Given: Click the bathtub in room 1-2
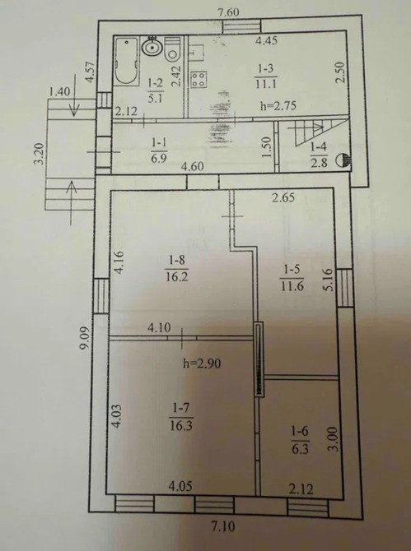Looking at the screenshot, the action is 126,61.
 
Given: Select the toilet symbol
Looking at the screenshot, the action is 173,49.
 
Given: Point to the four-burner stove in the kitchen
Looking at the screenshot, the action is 198,79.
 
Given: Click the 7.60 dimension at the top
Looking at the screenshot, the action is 228,13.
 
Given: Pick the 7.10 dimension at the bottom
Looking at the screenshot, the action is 222,527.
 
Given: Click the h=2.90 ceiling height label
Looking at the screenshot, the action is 202,363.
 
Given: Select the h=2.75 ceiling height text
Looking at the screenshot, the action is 278,105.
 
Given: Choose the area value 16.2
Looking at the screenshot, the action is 176,277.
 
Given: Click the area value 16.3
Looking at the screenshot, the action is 181,426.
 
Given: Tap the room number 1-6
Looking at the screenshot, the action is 300,431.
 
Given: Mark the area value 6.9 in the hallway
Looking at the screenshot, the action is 159,158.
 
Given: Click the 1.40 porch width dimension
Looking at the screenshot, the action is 59,92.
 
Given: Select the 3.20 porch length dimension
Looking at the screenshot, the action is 40,154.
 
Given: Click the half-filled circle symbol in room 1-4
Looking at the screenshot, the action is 343,160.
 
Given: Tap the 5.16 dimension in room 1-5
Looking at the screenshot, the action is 327,280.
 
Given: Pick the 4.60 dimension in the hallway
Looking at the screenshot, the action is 193,166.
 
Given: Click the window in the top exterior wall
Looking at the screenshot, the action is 242,26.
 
